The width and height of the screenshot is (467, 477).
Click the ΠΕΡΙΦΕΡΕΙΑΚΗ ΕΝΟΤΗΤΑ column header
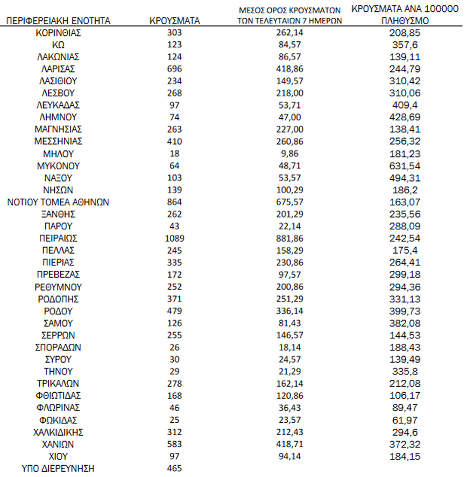(x=58, y=21)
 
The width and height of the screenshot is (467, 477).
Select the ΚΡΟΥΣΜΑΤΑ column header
(x=174, y=21)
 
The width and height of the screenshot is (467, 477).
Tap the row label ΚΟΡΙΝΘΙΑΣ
(x=58, y=33)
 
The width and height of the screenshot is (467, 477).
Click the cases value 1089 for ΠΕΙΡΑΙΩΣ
(x=174, y=238)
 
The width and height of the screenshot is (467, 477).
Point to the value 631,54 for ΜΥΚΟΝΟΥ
(x=406, y=165)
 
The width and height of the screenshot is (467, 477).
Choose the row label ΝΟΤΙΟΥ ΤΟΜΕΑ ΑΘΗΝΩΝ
(x=58, y=202)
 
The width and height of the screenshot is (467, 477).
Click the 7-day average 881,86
(x=290, y=238)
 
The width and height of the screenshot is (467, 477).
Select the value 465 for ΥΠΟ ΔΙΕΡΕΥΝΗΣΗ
(x=174, y=468)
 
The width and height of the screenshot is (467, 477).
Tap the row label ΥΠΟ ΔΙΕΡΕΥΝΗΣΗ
(x=58, y=468)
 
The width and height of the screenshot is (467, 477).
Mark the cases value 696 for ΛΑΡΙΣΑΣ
(x=174, y=69)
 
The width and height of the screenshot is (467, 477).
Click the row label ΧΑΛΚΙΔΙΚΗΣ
(x=58, y=432)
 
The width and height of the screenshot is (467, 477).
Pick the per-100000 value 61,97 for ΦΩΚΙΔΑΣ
(x=406, y=420)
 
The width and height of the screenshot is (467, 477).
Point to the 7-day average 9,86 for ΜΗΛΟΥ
(x=290, y=154)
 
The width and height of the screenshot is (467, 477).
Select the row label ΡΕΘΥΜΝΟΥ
(x=58, y=286)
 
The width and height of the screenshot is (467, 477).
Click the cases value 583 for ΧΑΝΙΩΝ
(x=174, y=444)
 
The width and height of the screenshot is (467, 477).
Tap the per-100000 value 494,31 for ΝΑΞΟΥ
(x=406, y=178)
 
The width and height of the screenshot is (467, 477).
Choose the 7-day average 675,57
(x=290, y=202)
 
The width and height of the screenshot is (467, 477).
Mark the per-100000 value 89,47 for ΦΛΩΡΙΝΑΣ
(x=406, y=408)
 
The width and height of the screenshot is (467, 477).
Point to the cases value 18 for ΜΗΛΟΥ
(x=174, y=154)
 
